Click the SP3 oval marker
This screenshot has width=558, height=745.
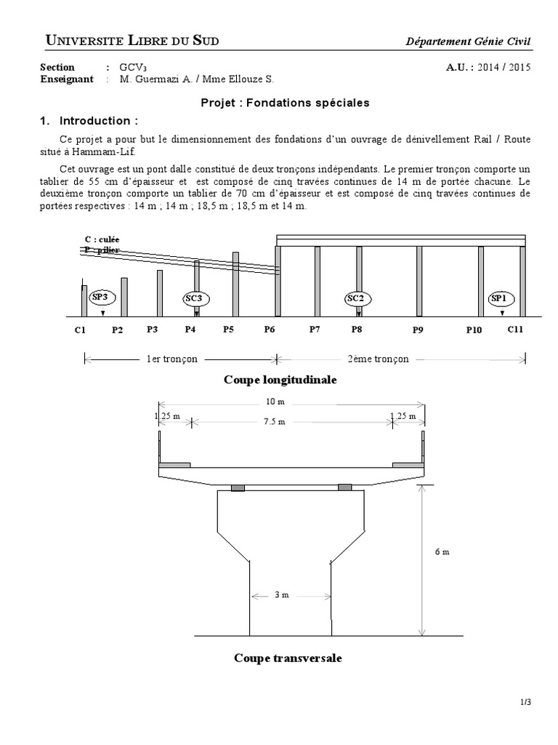(x=100, y=297)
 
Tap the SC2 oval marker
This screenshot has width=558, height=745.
(x=355, y=298)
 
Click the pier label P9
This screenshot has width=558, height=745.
(x=418, y=330)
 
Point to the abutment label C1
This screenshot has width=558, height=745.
(x=80, y=330)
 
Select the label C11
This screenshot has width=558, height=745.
(x=515, y=329)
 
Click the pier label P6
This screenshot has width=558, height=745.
(x=269, y=330)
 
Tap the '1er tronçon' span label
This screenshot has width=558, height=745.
(x=172, y=359)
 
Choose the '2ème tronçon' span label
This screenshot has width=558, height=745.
(x=378, y=359)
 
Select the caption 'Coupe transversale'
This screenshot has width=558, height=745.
(x=288, y=658)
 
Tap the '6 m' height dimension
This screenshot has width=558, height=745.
(x=441, y=551)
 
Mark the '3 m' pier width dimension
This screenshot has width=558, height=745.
(x=282, y=595)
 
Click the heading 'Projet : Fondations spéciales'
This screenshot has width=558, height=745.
(x=285, y=103)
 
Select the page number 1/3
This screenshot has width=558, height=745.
(x=526, y=702)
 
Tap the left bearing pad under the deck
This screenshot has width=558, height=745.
(x=238, y=487)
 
